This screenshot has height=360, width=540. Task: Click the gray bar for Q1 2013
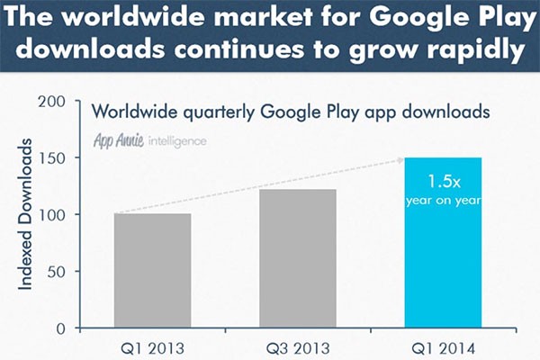pos(152,270)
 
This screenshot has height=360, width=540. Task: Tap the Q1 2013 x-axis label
pos(152,346)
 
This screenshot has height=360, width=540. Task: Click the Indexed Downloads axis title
pos(27,213)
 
